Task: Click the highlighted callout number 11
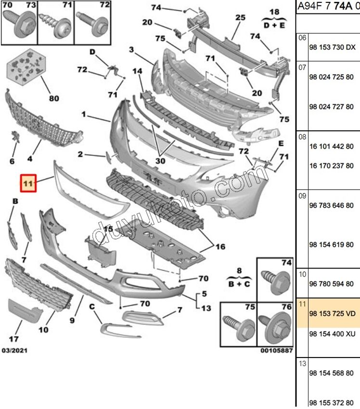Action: coord(28,183)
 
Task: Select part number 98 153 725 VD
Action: coord(333,313)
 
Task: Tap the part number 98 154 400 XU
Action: coord(333,333)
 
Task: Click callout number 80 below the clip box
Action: coord(54,98)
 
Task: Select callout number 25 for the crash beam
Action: coord(240,17)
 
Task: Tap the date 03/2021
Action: coord(14,350)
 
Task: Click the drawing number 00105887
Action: coord(277,350)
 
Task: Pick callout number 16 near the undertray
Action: coord(220,246)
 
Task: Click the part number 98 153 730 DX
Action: coord(333,47)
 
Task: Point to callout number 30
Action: coord(160,161)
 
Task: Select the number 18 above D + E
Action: coord(274,12)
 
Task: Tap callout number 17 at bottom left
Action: coord(14,339)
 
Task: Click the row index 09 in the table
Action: coord(302,196)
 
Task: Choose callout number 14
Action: coord(137,71)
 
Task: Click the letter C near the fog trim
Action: coord(92,307)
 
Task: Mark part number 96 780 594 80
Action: coord(331,283)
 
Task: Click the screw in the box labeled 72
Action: coord(92,25)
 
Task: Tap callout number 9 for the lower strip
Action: coord(72,320)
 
